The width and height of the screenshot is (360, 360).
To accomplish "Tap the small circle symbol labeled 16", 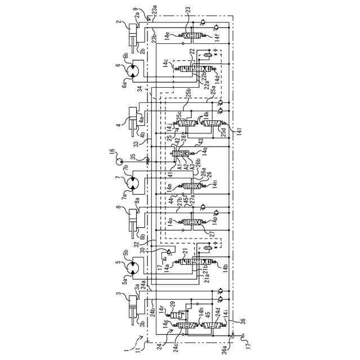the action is [119, 161].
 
